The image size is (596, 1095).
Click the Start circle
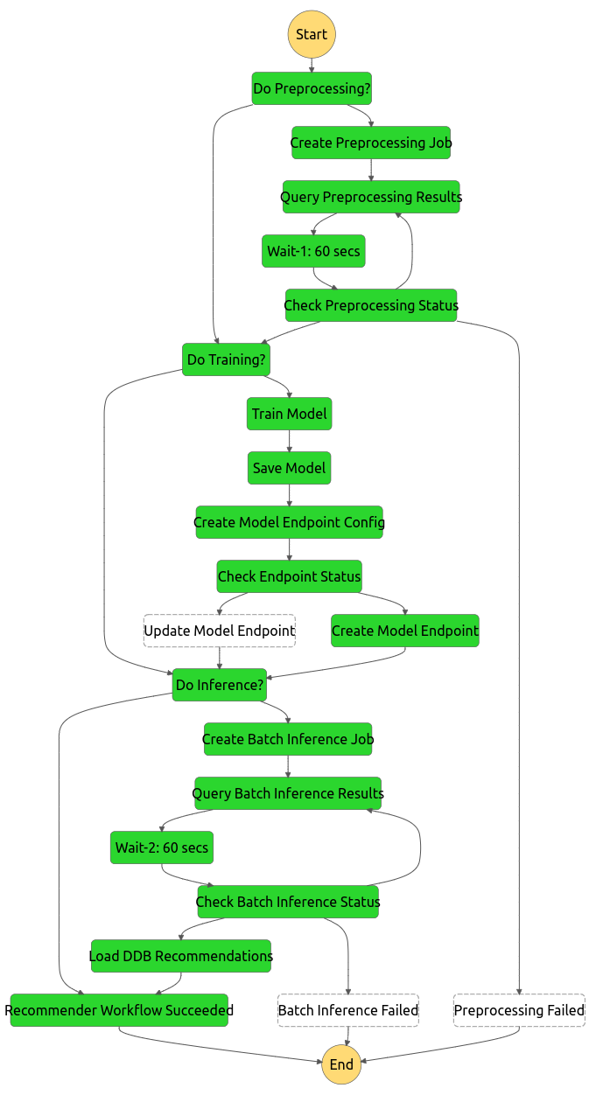312,35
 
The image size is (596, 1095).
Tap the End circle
341,1064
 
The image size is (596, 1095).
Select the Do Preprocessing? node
312,88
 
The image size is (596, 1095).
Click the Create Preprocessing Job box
371,143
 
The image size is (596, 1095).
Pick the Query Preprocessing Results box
371,197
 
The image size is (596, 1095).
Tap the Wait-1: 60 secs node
313,251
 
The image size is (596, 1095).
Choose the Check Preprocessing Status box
371,305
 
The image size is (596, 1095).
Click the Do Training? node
227,359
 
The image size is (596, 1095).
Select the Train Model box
290,414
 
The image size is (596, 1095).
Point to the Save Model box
289,468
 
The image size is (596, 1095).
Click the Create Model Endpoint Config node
289,522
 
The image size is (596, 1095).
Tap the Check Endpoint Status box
289,576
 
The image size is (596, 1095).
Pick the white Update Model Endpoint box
219,631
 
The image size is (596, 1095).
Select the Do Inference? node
220,685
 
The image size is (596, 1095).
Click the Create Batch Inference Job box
288,739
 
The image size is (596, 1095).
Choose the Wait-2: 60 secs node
162,847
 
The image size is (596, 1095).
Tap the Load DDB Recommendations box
181,956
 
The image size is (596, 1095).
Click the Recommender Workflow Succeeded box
119,1010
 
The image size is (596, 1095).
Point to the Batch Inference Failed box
348,1010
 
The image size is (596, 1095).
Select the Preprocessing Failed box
519,1010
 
